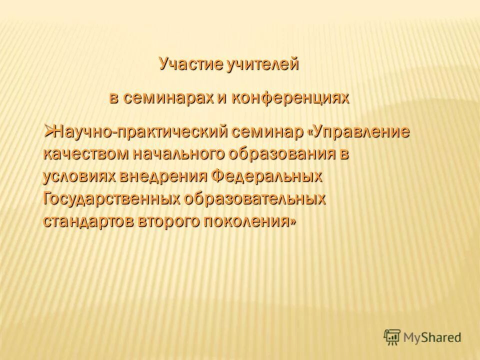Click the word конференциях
click(289, 97)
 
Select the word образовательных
click(255, 199)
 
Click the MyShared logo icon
click(392, 337)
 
